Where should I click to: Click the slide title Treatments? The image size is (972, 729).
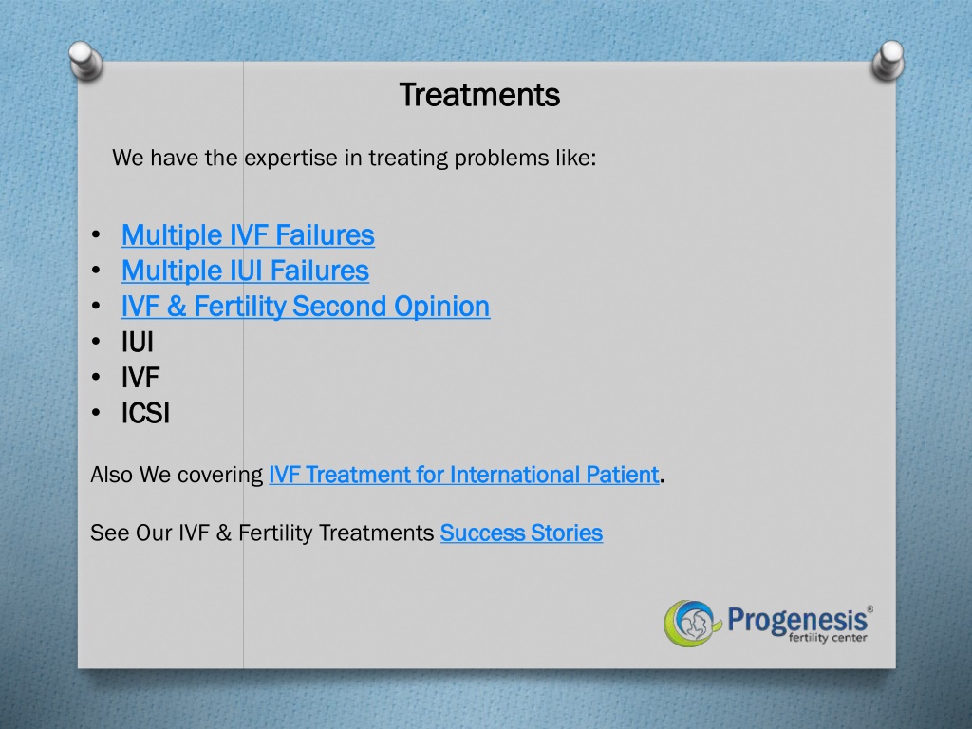479,95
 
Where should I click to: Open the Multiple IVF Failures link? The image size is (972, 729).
248,235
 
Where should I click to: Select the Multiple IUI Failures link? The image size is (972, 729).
246,271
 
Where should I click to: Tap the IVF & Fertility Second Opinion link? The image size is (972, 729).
306,307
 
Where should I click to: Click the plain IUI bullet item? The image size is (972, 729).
138,342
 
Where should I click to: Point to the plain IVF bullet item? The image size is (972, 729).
140,378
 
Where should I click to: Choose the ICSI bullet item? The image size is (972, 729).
145,414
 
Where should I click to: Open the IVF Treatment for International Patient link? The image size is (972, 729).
463,475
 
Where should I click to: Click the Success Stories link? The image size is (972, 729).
521,533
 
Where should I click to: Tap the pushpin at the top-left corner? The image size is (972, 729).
85,61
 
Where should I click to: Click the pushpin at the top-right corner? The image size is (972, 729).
888,61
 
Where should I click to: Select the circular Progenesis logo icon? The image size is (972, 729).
692,623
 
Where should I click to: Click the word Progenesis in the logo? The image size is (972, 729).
797,620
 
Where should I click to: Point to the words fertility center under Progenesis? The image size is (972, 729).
828,637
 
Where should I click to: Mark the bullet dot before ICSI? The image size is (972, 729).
96,412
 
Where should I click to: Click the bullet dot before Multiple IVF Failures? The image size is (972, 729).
96,234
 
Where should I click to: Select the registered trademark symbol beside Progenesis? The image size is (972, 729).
870,609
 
